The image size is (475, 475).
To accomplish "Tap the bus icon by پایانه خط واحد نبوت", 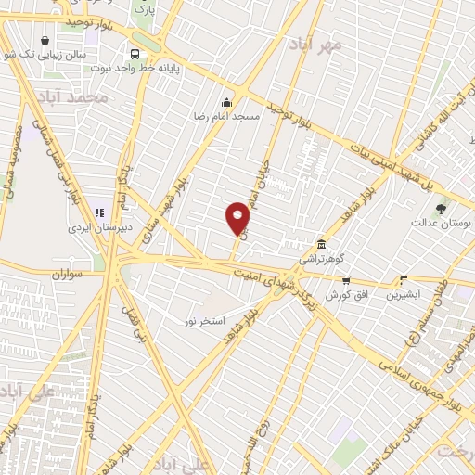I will pyautogui.click(x=135, y=54).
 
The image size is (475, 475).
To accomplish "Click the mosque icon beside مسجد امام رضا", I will pyautogui.click(x=226, y=102).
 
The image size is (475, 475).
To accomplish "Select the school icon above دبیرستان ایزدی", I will pyautogui.click(x=98, y=212).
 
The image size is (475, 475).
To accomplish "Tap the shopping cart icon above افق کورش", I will pyautogui.click(x=345, y=280).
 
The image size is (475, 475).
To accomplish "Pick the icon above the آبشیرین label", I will pyautogui.click(x=403, y=279).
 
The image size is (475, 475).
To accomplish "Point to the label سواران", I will pyautogui.click(x=68, y=275).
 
